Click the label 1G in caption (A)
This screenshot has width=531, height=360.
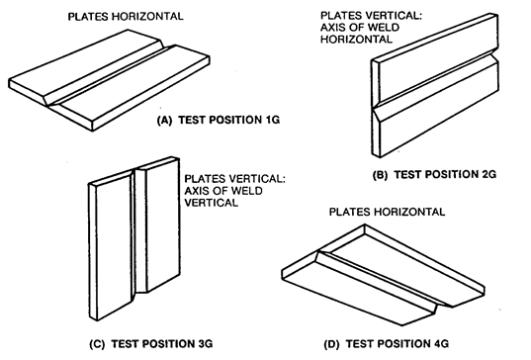[x=270, y=120]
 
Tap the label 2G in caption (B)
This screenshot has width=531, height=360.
[x=487, y=174]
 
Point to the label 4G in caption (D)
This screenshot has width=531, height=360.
[x=440, y=344]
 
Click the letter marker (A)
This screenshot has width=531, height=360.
[x=164, y=120]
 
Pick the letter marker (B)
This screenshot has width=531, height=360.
[x=380, y=175]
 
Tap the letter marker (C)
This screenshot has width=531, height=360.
[x=97, y=344]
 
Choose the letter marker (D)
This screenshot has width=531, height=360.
[x=331, y=344]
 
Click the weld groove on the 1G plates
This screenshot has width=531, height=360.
[x=109, y=73]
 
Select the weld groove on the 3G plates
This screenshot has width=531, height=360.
[x=138, y=230]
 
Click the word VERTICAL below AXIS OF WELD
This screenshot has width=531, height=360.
[x=211, y=203]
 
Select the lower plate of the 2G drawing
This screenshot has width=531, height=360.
[x=437, y=110]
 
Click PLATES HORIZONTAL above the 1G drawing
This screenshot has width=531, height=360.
[x=126, y=16]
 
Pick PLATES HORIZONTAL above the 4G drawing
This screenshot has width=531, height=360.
[x=387, y=212]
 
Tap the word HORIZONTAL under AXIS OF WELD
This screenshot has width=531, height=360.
[x=356, y=39]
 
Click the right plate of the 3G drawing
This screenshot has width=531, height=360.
[x=162, y=225]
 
